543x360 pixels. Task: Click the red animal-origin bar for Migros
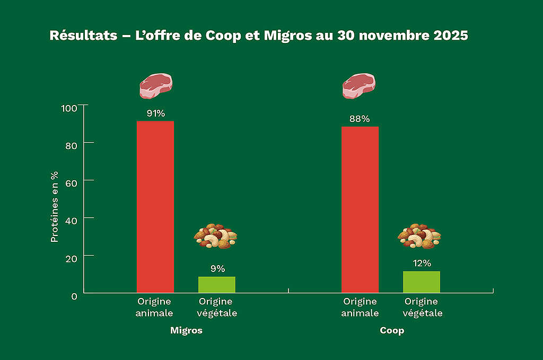coord(155,207)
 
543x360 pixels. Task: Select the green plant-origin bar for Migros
coord(216,285)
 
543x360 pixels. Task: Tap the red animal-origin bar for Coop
coord(360,209)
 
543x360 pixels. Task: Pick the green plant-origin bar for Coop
coord(422,282)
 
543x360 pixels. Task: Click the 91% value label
coord(156,113)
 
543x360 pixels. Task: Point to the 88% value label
coord(360,119)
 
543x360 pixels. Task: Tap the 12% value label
coord(422,264)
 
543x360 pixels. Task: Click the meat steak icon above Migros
coord(156,86)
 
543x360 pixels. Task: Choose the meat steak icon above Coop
coord(359,86)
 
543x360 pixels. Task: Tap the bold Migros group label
coord(186,330)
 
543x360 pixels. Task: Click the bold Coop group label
coord(391,330)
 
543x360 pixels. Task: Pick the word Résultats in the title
coord(82,36)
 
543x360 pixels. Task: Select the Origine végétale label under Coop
coord(423,308)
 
